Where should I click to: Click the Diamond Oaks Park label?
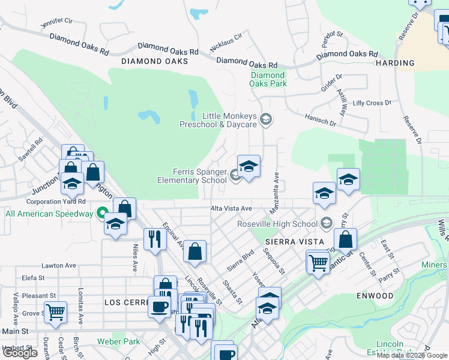click(x=268, y=79)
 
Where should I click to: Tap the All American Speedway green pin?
click(x=103, y=214)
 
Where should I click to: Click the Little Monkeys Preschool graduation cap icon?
click(x=265, y=121)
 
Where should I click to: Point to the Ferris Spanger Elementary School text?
click(x=191, y=176)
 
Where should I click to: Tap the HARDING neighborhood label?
click(x=395, y=63)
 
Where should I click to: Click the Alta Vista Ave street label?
click(x=231, y=208)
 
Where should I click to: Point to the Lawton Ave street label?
click(x=58, y=265)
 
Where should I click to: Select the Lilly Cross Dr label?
click(x=372, y=103)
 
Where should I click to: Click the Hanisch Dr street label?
click(x=320, y=121)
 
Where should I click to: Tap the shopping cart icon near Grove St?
click(x=55, y=311)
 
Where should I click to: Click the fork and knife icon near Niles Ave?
click(x=155, y=239)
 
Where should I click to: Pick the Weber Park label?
click(x=118, y=342)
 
